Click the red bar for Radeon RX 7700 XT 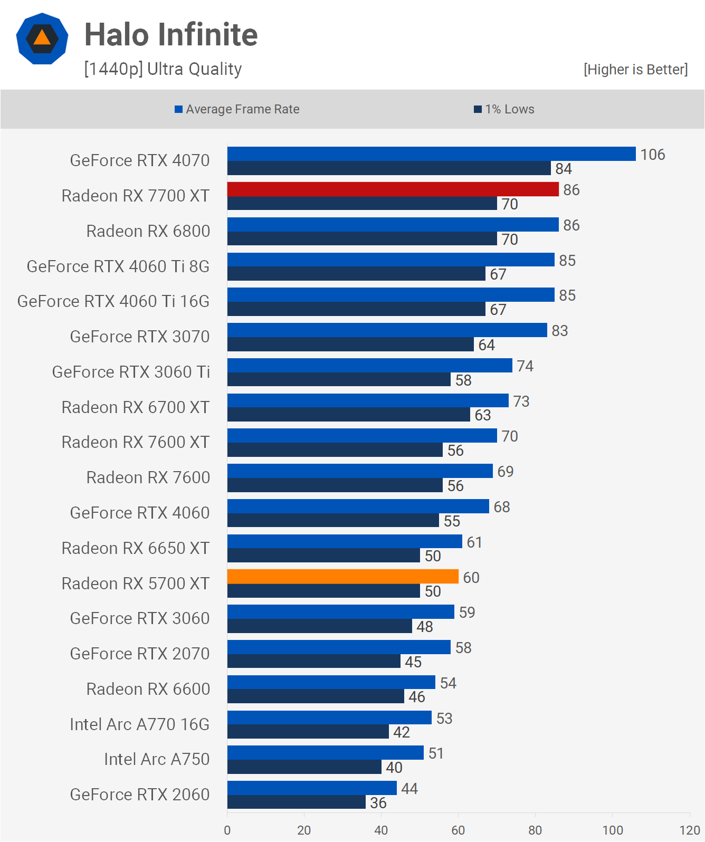point(393,189)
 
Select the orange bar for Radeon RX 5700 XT point(343,577)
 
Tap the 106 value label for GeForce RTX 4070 point(652,155)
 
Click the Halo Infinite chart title point(171,35)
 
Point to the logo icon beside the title point(42,39)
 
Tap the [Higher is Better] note point(635,70)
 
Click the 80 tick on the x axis point(535,830)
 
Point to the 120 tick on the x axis point(689,830)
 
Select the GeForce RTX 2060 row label point(140,795)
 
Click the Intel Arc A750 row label point(157,759)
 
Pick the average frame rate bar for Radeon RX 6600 point(331,682)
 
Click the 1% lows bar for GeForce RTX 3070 point(350,345)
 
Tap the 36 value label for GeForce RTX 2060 point(378,803)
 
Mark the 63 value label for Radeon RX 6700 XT point(482,415)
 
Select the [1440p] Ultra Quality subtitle point(163,69)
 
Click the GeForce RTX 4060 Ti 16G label point(113,301)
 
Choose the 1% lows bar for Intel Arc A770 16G point(308,732)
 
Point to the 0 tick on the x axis point(227,830)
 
